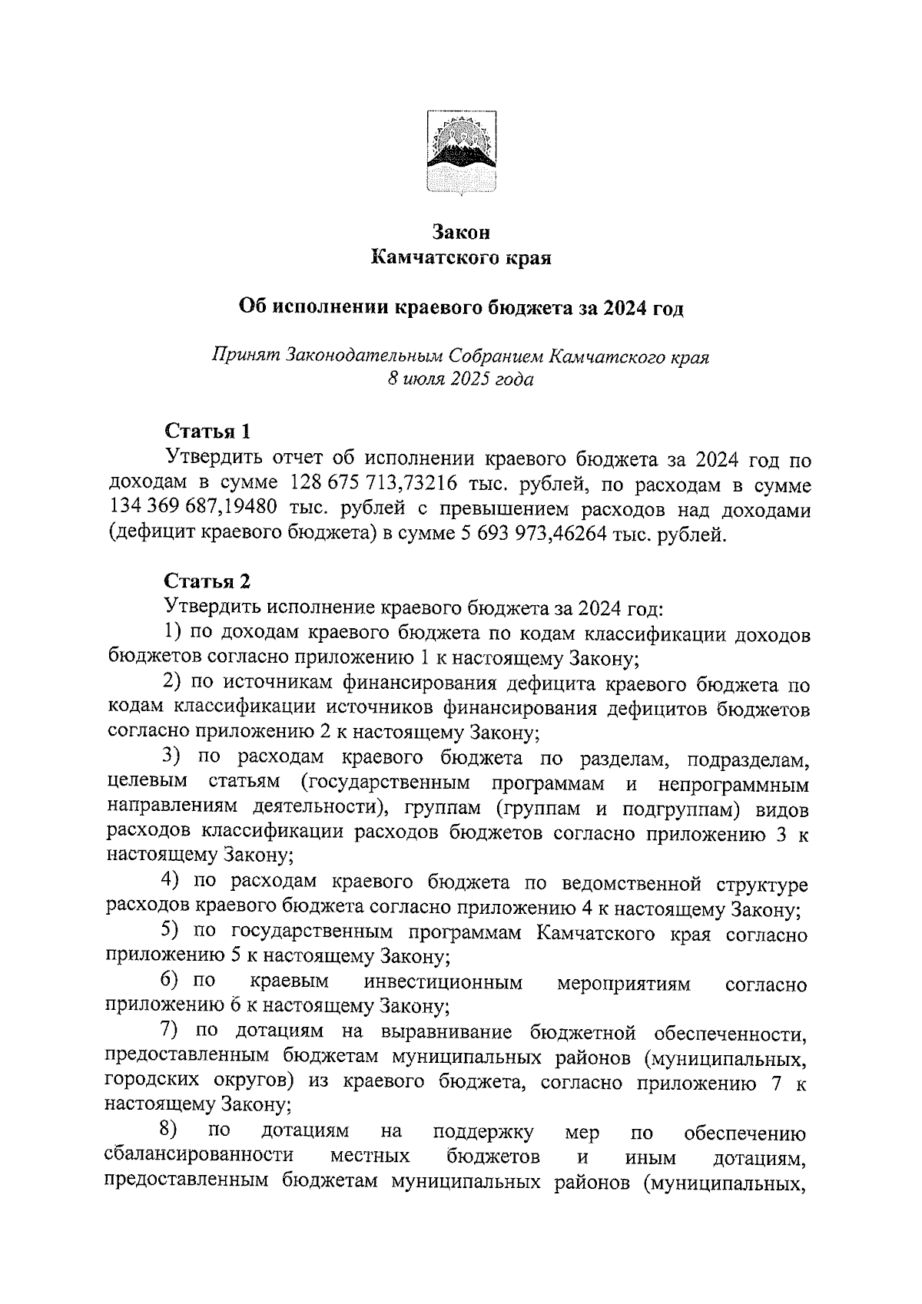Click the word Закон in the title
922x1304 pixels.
[460, 231]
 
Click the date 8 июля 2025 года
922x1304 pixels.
[460, 379]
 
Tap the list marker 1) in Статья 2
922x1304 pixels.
[174, 633]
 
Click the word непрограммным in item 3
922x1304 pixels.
[734, 784]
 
